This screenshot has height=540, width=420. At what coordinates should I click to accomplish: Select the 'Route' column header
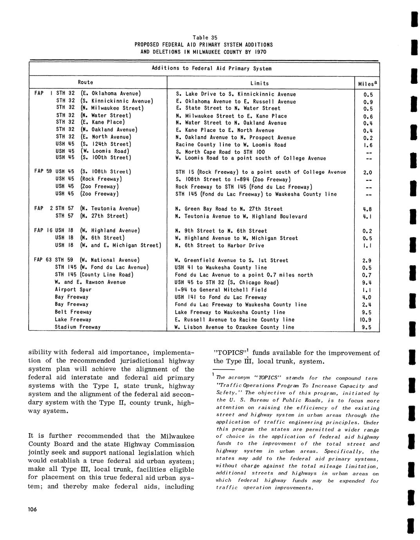tap(85, 82)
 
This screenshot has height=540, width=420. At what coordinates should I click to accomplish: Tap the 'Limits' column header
tap(260, 83)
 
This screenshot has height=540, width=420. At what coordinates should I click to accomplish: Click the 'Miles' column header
tap(367, 84)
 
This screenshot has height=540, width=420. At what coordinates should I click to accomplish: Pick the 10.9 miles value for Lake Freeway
tap(367, 320)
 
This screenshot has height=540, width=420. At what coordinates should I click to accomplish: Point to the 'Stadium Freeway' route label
tap(78, 327)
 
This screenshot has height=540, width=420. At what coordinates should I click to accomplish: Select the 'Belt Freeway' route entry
tap(73, 312)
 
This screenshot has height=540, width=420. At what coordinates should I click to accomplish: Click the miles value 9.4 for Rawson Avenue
tap(367, 283)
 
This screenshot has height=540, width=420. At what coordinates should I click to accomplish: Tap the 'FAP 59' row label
tap(43, 171)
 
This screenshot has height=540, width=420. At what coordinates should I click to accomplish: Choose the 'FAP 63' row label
tap(43, 260)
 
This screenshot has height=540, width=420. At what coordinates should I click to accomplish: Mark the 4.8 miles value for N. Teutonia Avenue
tap(367, 209)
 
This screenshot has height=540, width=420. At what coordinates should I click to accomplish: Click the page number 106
tap(32, 509)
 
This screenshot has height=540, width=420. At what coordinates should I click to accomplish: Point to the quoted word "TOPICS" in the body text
tap(228, 353)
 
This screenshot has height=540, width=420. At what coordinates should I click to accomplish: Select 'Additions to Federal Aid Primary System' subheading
tap(211, 68)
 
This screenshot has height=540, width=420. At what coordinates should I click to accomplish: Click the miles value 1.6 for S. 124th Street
tap(367, 145)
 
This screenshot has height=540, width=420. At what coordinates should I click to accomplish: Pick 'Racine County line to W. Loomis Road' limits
tap(231, 145)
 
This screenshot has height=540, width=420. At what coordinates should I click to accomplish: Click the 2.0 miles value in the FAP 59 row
tap(367, 172)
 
